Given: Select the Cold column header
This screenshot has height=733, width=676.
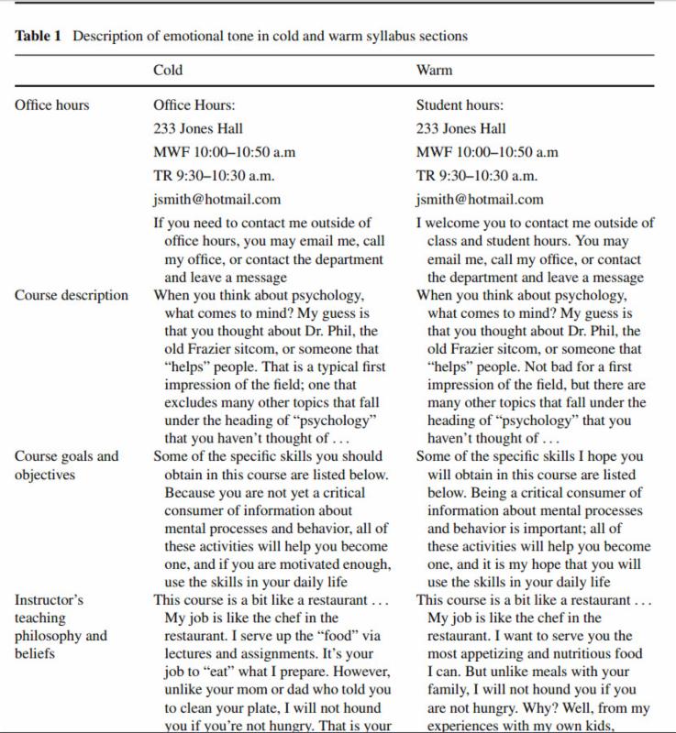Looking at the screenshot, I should [169, 71].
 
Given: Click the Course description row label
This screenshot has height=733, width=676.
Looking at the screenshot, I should [72, 295].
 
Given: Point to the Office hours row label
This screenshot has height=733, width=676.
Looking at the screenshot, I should [51, 104].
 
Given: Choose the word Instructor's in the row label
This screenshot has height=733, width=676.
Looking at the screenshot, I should [49, 599].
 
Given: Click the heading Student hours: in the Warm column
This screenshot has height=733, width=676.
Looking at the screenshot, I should [460, 104].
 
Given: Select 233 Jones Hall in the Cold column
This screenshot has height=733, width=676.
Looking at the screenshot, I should [197, 128].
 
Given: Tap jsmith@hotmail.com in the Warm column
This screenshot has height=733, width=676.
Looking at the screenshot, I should [480, 200].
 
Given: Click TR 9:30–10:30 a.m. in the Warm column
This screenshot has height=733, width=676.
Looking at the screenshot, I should [477, 176].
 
